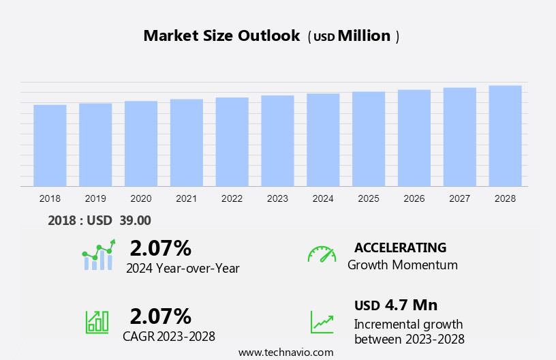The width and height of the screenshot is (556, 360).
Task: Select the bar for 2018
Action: coord(50,145)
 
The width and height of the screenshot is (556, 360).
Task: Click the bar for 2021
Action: coord(187,142)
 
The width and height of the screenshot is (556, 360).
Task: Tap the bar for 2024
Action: coord(323,140)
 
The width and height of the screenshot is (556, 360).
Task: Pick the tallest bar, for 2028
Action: coord(505,136)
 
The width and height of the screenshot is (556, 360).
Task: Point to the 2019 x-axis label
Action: coord(95,198)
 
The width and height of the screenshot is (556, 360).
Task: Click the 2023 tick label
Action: coord(277,198)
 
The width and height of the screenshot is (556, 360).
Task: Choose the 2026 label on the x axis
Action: coord(414,198)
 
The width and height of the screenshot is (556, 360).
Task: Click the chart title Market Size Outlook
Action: coord(221,36)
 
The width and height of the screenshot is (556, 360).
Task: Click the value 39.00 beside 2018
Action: coord(136,220)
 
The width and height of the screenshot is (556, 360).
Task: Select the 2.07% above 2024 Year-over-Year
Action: coord(160,247)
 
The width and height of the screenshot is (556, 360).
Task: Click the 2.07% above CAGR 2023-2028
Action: coord(160,316)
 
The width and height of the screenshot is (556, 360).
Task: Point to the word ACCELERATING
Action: coord(400,247)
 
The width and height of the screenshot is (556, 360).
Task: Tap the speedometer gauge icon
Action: coord(322,254)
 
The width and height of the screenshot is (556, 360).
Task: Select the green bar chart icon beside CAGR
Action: coord(97,321)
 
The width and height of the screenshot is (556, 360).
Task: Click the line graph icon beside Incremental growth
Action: coord(322,322)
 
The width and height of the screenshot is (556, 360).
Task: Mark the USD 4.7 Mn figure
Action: coord(396,305)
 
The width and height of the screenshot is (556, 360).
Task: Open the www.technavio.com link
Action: coord(285,352)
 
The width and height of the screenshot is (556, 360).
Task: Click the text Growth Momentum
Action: coord(402,265)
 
